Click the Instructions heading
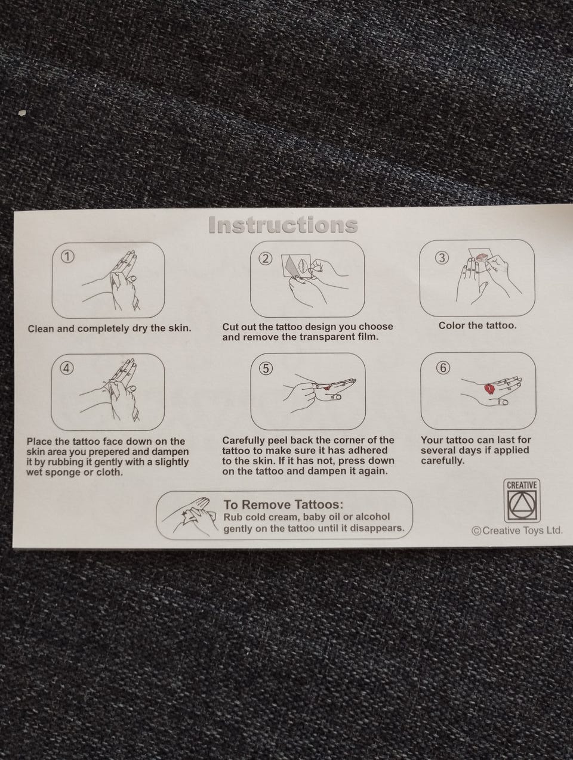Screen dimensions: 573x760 pos(283,225)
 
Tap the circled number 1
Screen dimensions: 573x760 pos(67,256)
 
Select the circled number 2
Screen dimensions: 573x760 pos(265,259)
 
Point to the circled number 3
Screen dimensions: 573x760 pos(442,258)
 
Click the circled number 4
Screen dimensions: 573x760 pos(67,368)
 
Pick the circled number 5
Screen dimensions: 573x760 pos(266,368)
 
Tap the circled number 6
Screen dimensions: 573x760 pos(443,368)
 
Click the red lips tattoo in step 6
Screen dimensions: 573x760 pos(489,389)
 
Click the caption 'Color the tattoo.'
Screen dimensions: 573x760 pos(478,325)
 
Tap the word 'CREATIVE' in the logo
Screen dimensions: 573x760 pos(521,485)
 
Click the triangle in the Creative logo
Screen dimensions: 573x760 pos(522,504)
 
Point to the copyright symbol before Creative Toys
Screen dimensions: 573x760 pos(476,531)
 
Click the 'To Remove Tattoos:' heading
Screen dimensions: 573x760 pos(283,504)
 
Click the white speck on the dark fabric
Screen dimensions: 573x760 pos(23,113)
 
